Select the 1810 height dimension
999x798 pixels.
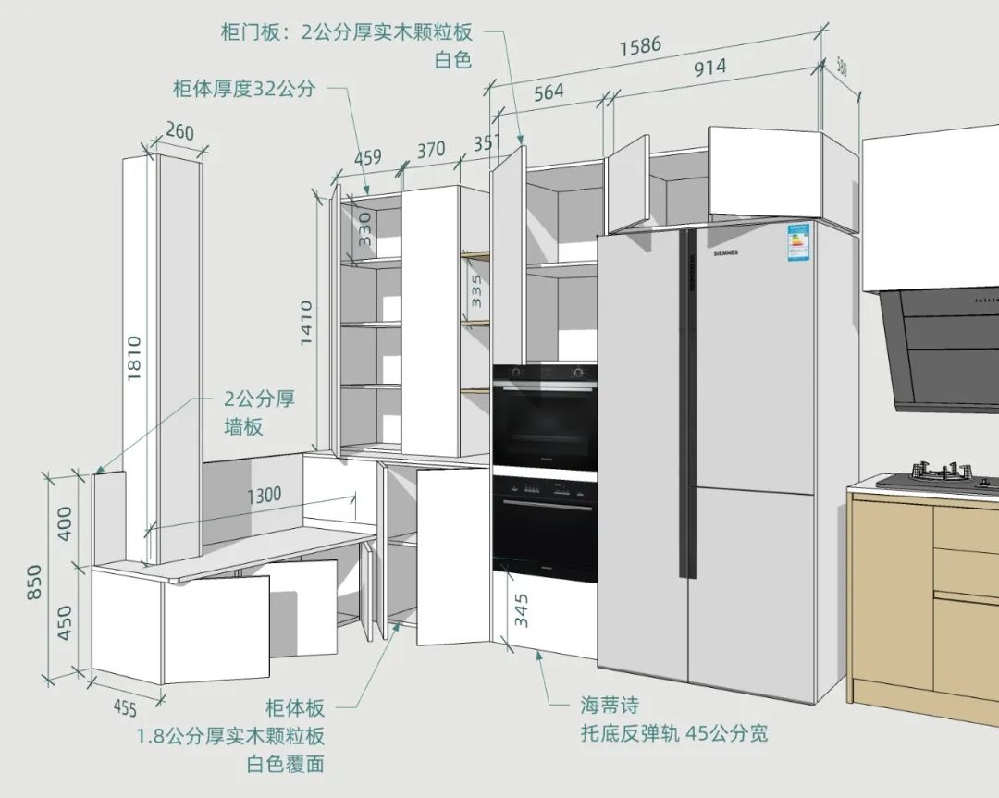[133, 360]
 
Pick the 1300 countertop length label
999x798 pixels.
[264, 495]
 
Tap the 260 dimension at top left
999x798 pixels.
[179, 132]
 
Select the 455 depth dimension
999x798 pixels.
[124, 709]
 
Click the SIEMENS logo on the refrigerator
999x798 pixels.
[725, 252]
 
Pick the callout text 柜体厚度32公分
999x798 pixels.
[244, 90]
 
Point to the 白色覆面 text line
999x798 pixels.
[285, 765]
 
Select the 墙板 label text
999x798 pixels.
[244, 427]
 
